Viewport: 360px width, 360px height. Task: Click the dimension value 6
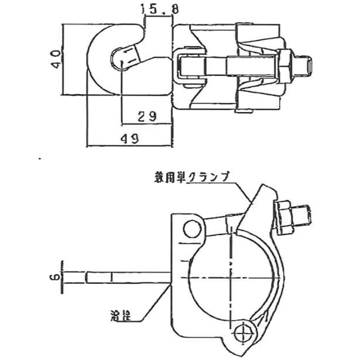[x=56, y=276]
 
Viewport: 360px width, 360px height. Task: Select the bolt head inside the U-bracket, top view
[x=190, y=65]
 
